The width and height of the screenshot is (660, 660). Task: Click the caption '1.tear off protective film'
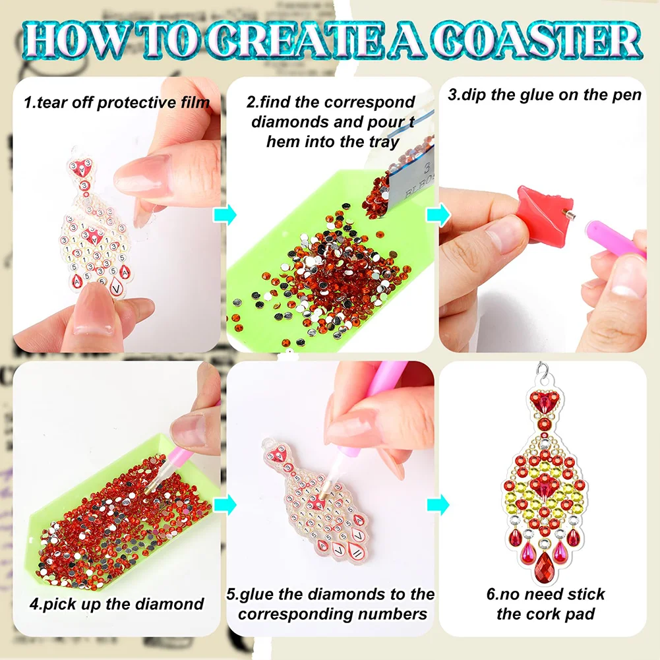pos(117,102)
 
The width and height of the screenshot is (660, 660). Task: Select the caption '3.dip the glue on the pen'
pos(544,94)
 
